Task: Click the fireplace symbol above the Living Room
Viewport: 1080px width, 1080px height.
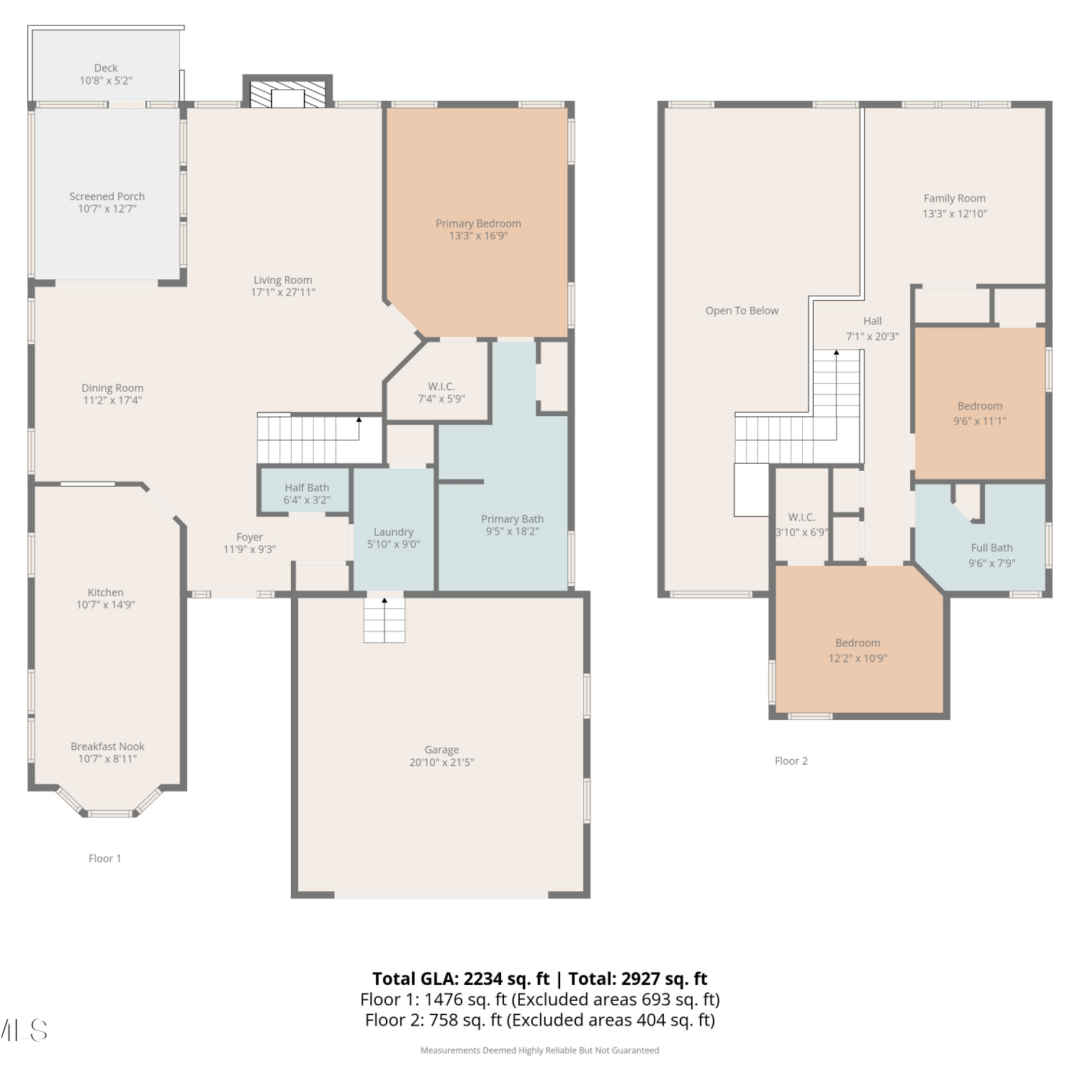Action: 287,92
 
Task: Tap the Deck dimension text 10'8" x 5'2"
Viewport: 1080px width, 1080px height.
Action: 106,81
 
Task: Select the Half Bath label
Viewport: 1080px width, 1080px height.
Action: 307,487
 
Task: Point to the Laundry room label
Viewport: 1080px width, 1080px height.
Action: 393,532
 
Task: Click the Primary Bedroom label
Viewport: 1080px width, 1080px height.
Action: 478,223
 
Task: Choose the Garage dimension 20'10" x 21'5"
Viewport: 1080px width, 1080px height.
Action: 441,762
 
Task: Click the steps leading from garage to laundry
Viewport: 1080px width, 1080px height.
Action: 384,619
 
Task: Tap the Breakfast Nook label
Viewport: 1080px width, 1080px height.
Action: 107,747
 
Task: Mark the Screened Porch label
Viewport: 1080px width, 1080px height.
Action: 107,197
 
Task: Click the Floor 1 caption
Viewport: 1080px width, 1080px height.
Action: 105,858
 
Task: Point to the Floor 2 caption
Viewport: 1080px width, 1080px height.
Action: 791,761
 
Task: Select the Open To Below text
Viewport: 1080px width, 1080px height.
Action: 742,311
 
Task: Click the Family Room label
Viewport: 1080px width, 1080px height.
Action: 955,199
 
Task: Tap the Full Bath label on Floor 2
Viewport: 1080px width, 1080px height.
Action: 991,548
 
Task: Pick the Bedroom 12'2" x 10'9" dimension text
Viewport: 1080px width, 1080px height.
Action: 858,658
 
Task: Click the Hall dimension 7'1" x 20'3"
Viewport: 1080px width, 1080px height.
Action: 872,336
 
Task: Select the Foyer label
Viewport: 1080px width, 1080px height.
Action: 250,537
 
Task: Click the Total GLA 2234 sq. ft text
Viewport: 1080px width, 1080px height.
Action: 461,979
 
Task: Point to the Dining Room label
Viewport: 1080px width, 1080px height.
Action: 112,388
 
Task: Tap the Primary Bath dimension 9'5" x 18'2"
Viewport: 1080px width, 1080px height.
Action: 512,531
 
